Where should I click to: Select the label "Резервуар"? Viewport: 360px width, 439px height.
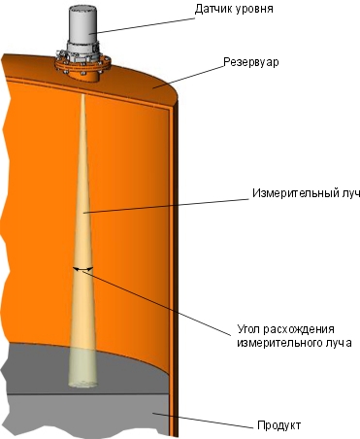251,61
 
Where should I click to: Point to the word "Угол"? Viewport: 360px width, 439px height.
248,329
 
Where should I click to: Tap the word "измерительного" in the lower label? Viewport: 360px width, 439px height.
278,343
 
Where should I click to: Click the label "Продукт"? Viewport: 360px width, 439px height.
279,425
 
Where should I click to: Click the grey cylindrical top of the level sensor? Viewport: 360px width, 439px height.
82,24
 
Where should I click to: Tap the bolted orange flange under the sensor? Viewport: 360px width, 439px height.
83,64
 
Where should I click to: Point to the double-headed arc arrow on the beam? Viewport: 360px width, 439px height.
82,268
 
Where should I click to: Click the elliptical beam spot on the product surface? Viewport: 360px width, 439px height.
82,384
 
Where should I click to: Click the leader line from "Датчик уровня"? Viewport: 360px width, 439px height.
143,25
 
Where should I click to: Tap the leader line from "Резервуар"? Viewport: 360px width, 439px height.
188,77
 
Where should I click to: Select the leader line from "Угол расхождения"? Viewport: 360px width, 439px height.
157,303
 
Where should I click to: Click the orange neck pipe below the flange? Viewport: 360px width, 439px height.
83,77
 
